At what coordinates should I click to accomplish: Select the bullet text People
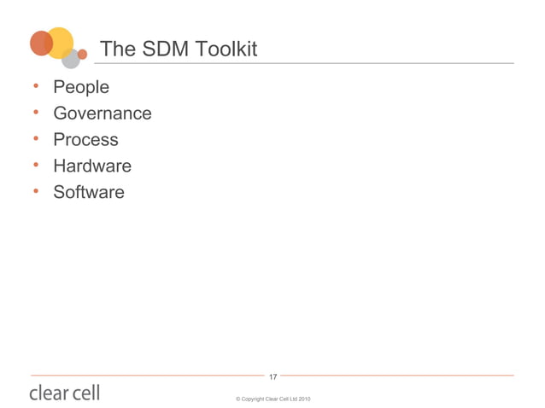click(81, 87)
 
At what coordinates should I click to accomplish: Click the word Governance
click(103, 114)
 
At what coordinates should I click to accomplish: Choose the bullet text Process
click(85, 140)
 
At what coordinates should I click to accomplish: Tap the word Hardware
click(92, 166)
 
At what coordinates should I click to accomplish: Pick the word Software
click(89, 192)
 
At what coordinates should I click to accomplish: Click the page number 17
click(272, 376)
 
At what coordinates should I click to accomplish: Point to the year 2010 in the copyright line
click(303, 399)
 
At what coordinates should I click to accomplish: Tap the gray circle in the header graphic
click(71, 58)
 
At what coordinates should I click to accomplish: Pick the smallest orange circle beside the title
click(82, 54)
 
